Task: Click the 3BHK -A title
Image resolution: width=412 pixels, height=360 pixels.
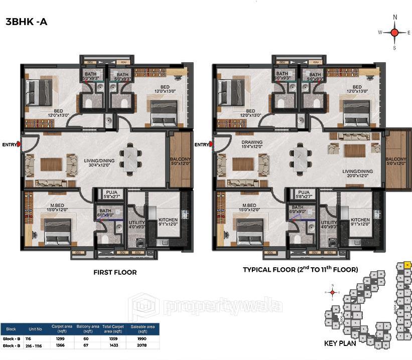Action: [26, 22]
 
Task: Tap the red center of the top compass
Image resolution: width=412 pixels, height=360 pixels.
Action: [394, 33]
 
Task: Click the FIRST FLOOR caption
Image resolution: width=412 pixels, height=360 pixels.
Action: [115, 272]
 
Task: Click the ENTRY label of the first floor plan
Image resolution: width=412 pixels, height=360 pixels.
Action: [9, 145]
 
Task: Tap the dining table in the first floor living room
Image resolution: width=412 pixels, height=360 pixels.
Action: [130, 159]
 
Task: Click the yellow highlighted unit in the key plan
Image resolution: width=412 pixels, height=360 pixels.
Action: [407, 265]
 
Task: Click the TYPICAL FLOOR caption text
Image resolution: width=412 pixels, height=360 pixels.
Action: [300, 270]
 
